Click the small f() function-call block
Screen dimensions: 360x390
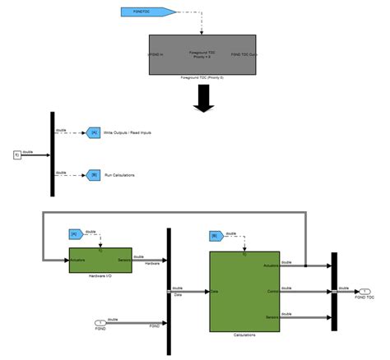pos(17,154)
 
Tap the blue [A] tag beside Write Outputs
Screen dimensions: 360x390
pos(94,132)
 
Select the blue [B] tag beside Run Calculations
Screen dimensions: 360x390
pos(94,175)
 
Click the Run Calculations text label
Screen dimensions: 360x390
pos(121,175)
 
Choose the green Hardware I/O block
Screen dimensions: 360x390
pos(100,260)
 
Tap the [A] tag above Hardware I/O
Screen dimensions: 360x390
pos(75,234)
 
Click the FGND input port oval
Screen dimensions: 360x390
pos(101,322)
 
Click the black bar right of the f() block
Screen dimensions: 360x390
pos(53,154)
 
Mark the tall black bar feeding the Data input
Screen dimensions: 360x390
pos(169,291)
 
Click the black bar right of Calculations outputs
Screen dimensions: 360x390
pos(334,291)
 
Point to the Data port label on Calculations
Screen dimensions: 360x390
pos(216,291)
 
